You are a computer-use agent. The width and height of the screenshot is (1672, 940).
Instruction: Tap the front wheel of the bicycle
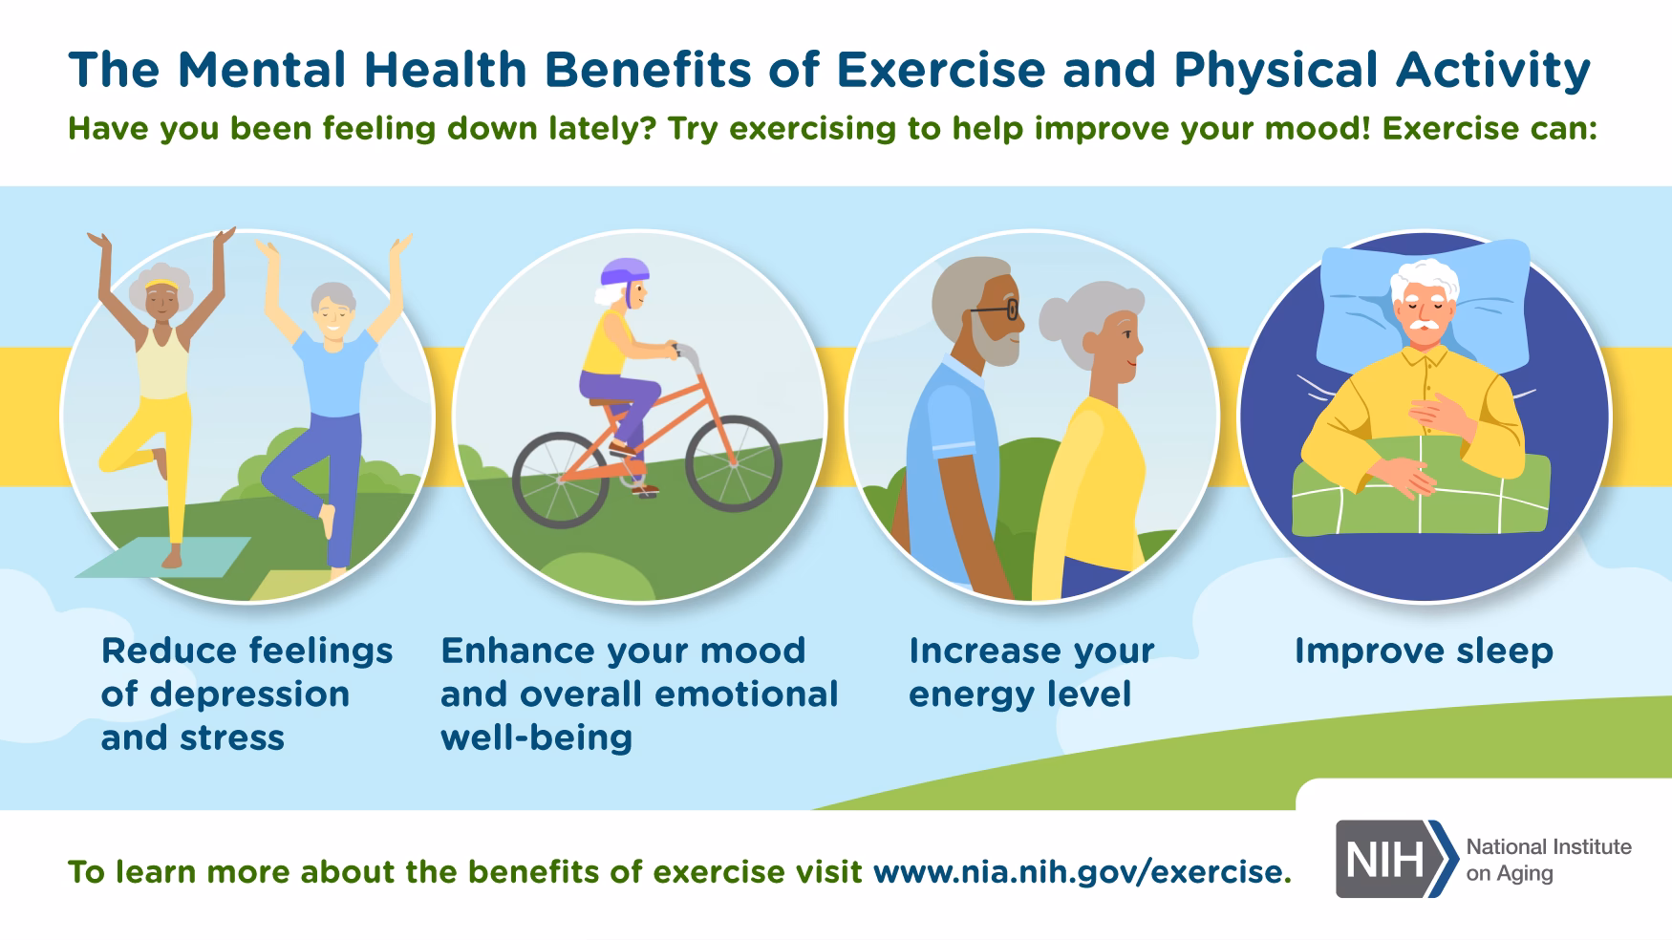[734, 464]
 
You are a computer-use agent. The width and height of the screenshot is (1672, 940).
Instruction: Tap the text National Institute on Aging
[1548, 860]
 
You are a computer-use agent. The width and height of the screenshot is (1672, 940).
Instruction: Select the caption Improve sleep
[1423, 652]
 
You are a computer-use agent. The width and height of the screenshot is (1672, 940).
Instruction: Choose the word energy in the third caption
[968, 694]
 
